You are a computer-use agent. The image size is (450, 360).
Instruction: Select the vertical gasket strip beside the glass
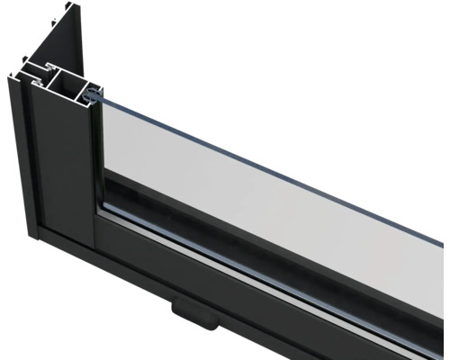[x=97, y=153]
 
